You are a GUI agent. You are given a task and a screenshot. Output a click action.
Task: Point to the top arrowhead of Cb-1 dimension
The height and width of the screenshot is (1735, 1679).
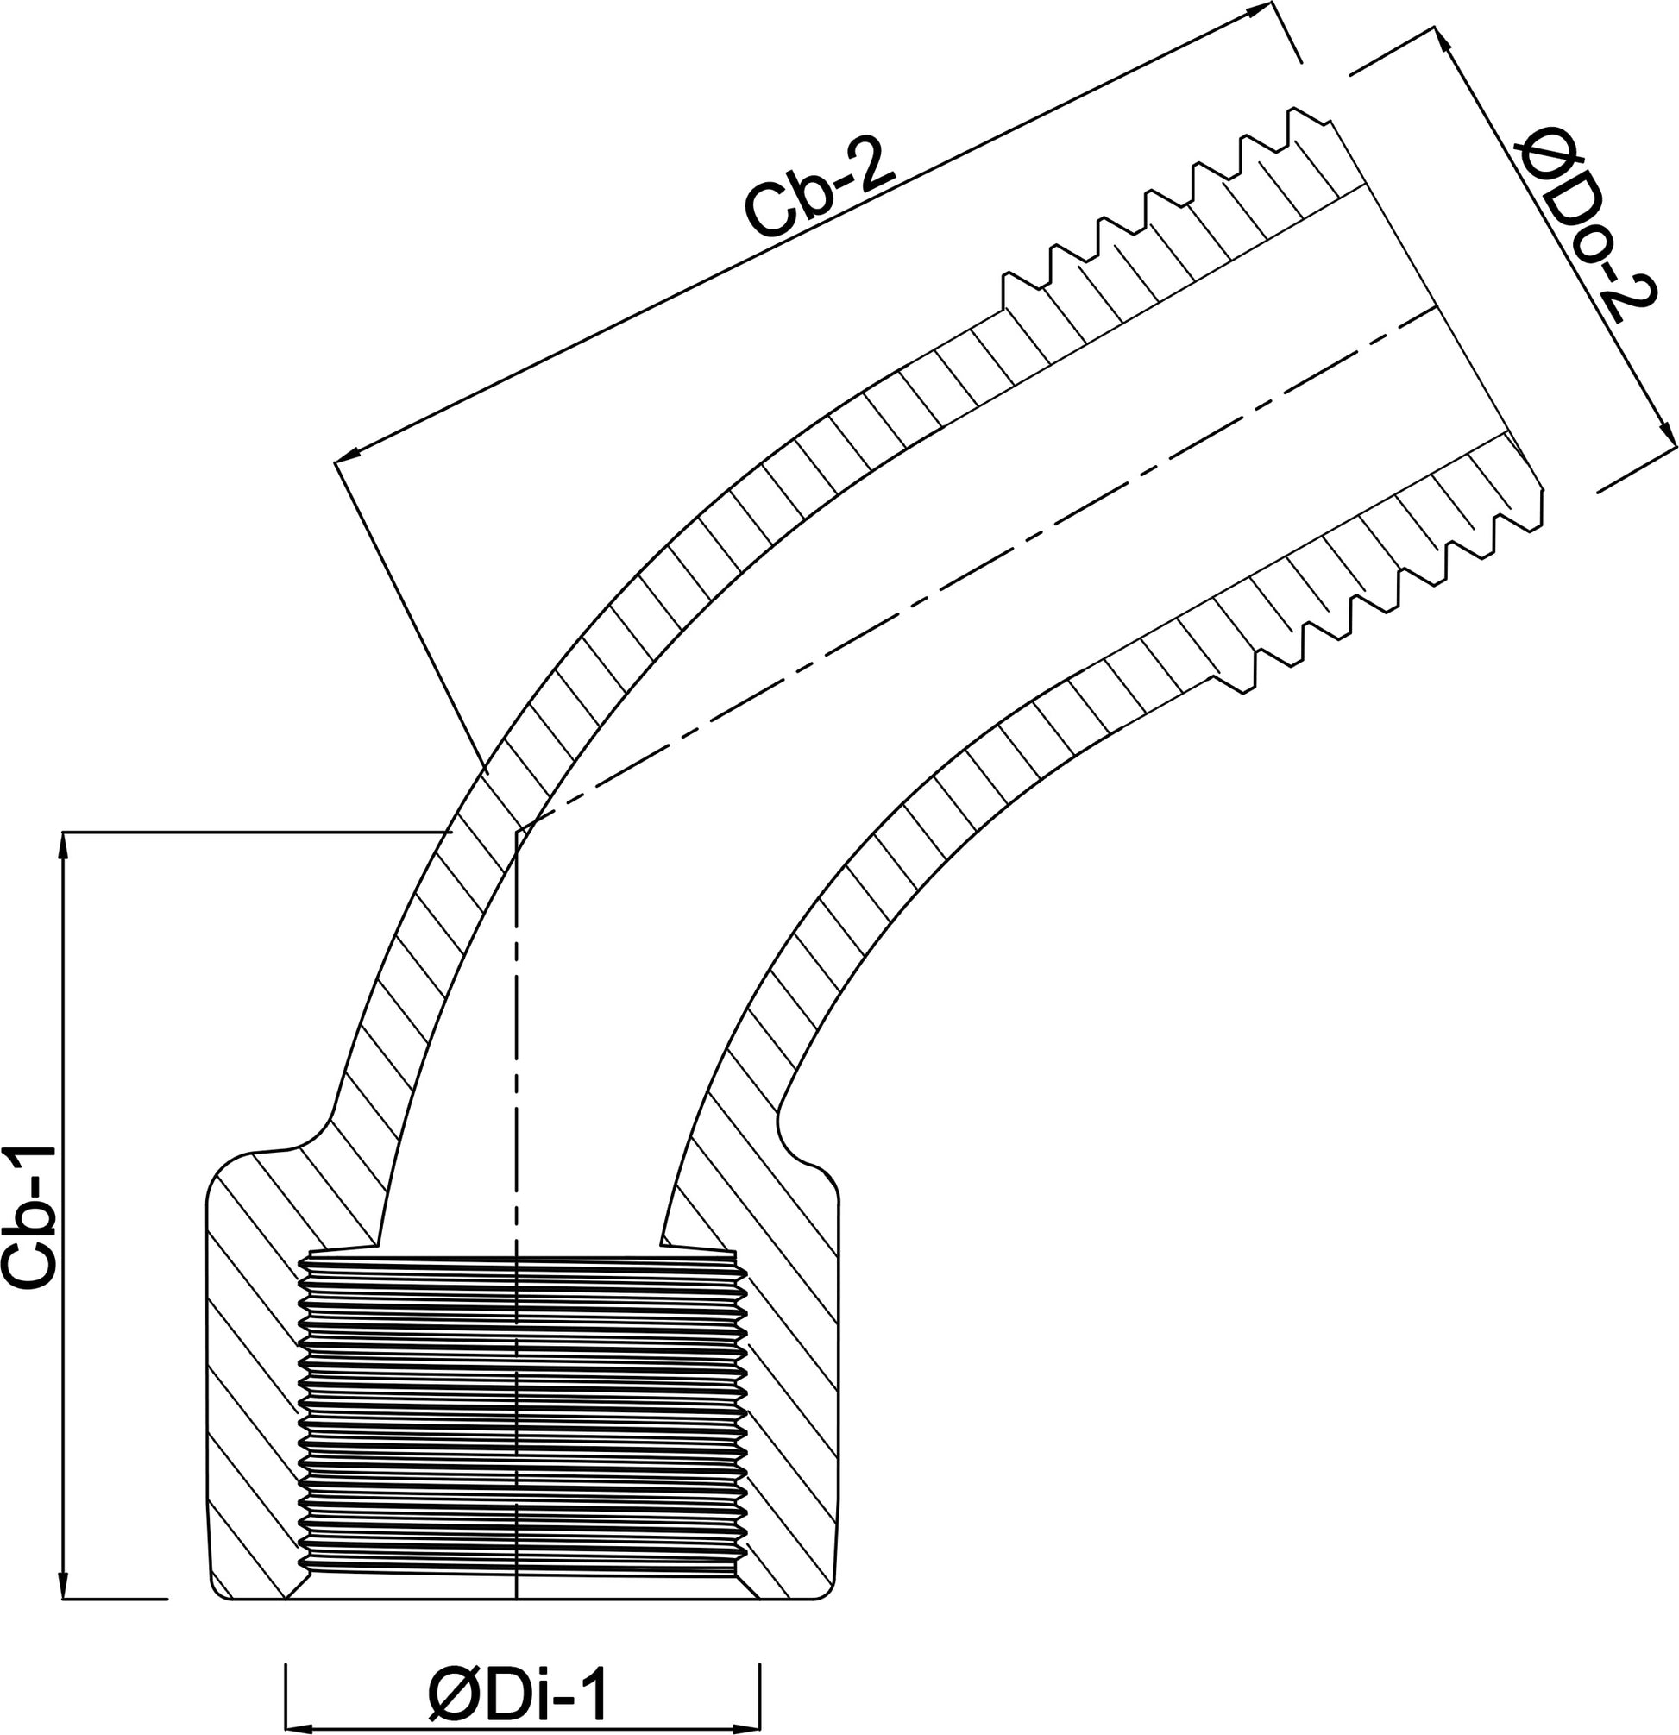click(x=63, y=848)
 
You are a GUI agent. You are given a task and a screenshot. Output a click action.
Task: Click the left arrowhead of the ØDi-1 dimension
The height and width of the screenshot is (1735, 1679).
click(x=303, y=1727)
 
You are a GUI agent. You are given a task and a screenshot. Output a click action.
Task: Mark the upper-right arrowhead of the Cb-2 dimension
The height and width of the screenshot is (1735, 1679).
click(x=1256, y=10)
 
